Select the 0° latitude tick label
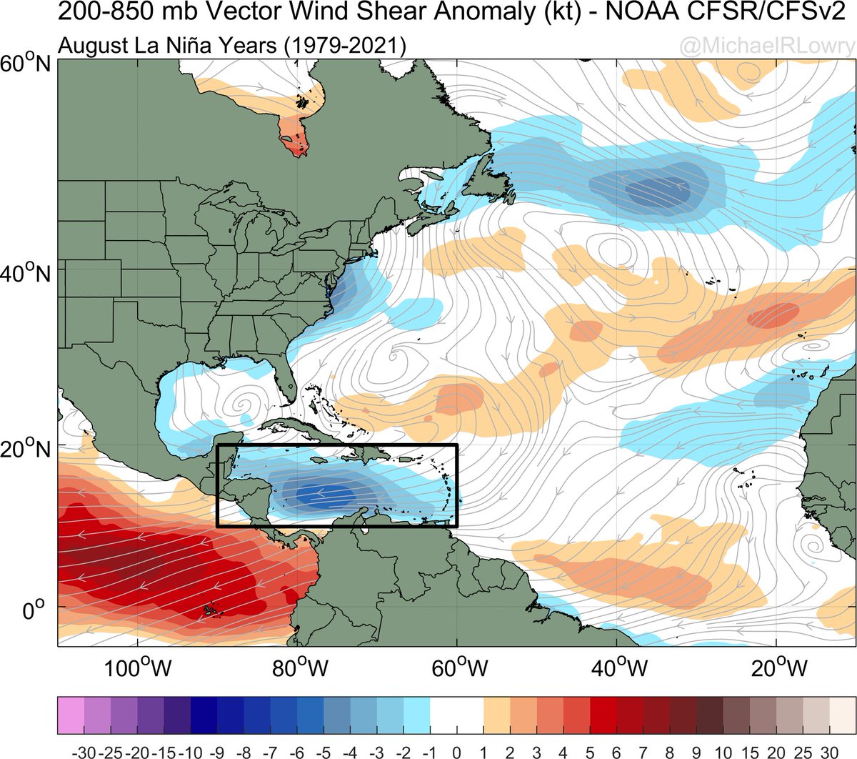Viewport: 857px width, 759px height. click(34, 612)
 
